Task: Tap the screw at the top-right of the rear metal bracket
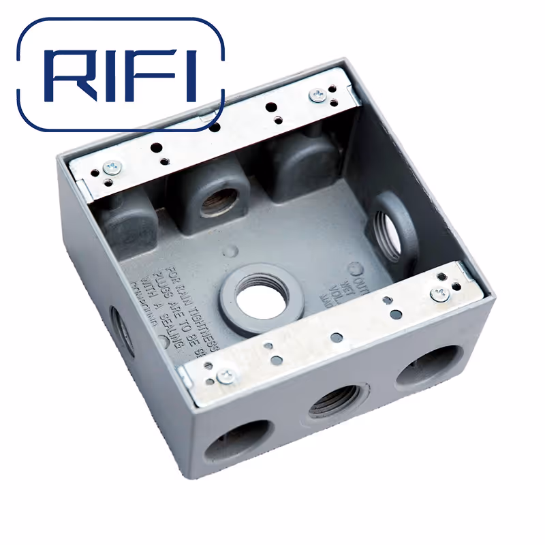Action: (x=317, y=96)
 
